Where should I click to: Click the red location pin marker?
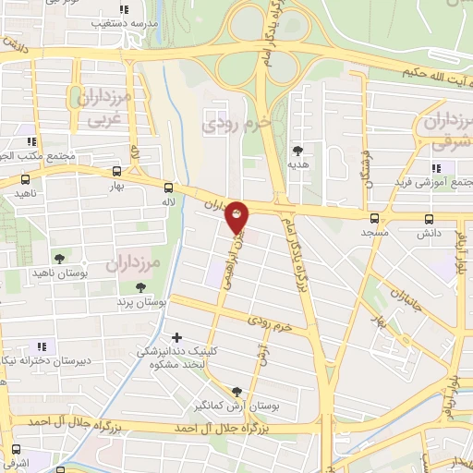tap(237, 219)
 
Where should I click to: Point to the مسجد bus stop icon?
tap(374, 219)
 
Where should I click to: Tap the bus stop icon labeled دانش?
tap(428, 219)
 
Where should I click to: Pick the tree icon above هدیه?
tap(297, 149)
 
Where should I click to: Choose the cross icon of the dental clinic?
tap(176, 336)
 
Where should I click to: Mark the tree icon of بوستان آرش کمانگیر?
tap(237, 392)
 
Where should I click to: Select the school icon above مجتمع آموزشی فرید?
tap(435, 168)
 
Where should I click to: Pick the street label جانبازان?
tap(404, 300)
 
